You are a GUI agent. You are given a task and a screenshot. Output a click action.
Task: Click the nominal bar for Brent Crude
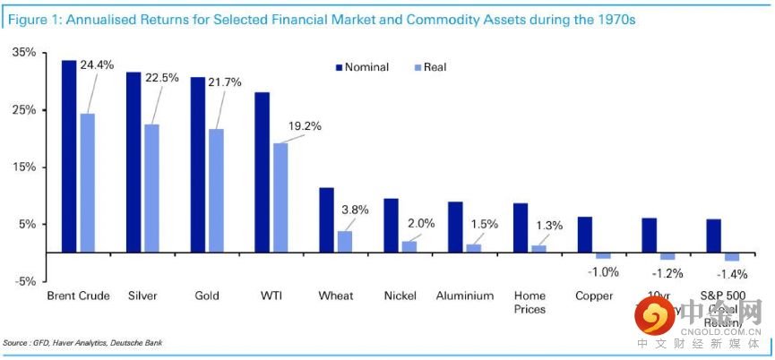(x=68, y=156)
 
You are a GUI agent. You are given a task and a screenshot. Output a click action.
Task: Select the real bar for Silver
(x=152, y=188)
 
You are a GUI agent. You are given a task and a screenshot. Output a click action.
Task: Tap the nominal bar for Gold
(x=197, y=165)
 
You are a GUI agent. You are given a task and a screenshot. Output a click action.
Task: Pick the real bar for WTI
(x=280, y=198)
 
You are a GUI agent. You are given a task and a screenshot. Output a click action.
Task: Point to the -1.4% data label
(x=733, y=273)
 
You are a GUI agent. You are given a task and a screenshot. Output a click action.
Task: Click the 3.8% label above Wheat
(x=356, y=210)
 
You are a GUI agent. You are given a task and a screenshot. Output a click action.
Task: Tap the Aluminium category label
(x=464, y=296)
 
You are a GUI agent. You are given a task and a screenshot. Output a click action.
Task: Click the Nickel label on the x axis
(x=400, y=296)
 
